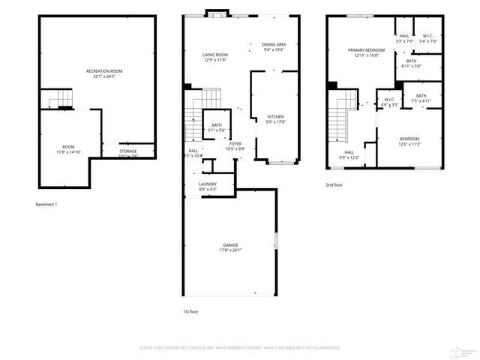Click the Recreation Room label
click(x=103, y=70)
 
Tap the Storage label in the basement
click(x=127, y=151)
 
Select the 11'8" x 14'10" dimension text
click(x=68, y=151)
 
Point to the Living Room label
click(x=214, y=55)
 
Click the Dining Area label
click(x=274, y=44)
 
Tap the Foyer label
click(x=235, y=143)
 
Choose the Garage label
click(x=231, y=245)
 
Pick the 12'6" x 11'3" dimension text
click(x=409, y=144)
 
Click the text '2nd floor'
click(x=334, y=184)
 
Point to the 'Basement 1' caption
click(x=46, y=204)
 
